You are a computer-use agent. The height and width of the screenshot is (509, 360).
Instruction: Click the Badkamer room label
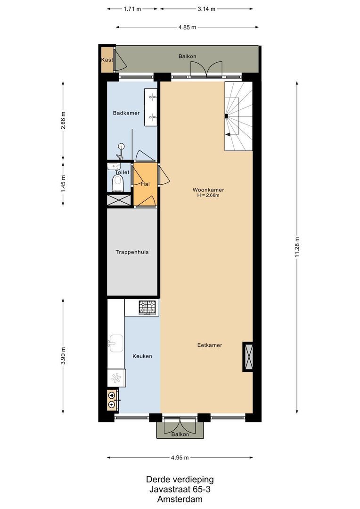point(126,113)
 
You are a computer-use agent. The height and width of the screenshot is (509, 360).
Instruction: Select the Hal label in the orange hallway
point(145,184)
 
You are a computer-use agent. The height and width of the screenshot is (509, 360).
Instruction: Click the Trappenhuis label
point(132,252)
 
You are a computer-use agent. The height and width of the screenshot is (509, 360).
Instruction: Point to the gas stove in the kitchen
point(147,307)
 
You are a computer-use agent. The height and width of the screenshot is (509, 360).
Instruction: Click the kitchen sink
point(115,341)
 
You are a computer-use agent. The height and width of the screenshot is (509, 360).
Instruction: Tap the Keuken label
point(142,356)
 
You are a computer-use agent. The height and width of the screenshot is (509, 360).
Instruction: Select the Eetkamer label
point(209,345)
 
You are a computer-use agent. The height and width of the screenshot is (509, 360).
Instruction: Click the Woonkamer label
point(208,190)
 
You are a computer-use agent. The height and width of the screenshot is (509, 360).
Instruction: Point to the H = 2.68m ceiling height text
point(208,195)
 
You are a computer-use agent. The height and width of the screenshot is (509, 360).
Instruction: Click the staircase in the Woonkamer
point(238,116)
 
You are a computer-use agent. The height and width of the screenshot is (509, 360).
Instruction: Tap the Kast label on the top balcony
point(107,60)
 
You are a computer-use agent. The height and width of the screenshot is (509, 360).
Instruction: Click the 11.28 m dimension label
point(297,247)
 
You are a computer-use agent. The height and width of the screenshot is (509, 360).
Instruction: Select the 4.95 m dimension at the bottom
point(180,458)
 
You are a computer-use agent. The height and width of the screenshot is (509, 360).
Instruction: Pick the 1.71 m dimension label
point(133,9)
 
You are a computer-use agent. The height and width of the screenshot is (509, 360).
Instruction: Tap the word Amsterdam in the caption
point(180,499)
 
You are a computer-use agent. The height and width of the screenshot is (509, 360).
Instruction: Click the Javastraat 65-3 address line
point(180,489)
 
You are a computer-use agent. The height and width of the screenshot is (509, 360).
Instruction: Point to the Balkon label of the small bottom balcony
point(180,434)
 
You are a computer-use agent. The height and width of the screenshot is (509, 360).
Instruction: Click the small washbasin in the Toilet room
point(114,166)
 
